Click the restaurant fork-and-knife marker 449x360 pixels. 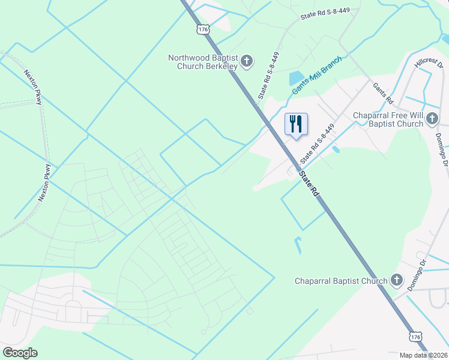click(x=296, y=125)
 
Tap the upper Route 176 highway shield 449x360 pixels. click(x=202, y=29)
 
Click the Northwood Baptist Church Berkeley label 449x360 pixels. click(x=203, y=62)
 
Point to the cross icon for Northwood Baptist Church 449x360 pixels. click(x=247, y=61)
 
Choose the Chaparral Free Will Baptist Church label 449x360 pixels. click(x=388, y=120)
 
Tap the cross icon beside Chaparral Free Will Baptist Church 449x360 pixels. click(x=432, y=120)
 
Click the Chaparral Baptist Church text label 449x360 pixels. click(x=341, y=281)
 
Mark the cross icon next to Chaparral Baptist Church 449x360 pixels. click(x=396, y=280)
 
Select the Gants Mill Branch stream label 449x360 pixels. click(x=317, y=75)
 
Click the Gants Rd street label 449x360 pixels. click(x=382, y=92)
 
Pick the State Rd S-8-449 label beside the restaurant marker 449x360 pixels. click(x=316, y=145)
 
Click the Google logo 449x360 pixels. click(x=20, y=353)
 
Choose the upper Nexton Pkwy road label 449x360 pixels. click(x=33, y=88)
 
